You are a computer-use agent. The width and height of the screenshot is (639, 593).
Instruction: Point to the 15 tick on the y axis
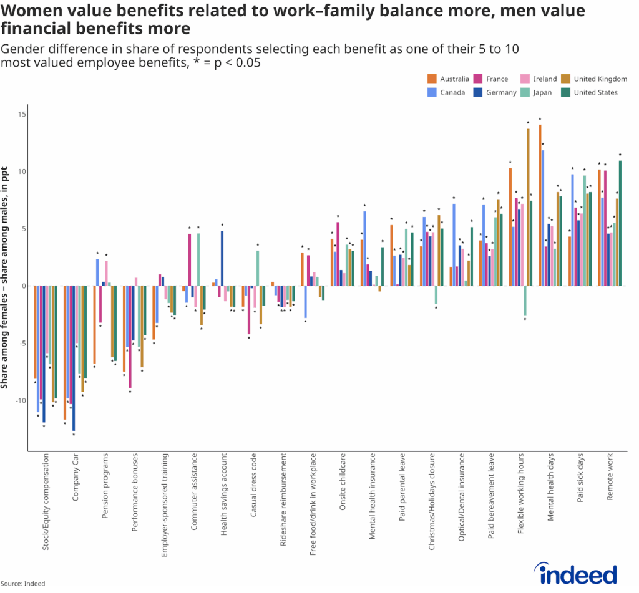[x=21, y=114]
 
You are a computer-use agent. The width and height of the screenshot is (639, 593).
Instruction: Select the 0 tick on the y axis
[x=23, y=286]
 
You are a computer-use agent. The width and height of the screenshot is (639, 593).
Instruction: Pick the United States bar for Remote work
[x=620, y=223]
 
